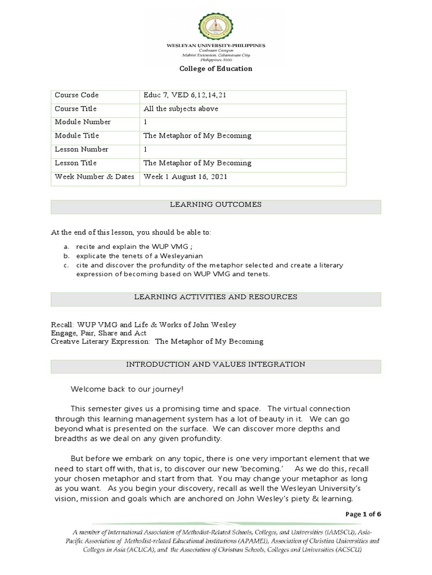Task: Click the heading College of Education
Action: pyautogui.click(x=215, y=69)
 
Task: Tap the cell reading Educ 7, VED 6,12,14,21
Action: pyautogui.click(x=185, y=95)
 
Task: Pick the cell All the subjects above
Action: pyautogui.click(x=181, y=109)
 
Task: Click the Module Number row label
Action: pyautogui.click(x=82, y=122)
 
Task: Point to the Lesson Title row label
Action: pyautogui.click(x=75, y=163)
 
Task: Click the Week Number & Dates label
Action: pyautogui.click(x=94, y=177)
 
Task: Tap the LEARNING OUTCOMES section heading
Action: pyautogui.click(x=215, y=205)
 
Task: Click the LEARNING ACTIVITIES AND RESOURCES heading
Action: pyautogui.click(x=215, y=297)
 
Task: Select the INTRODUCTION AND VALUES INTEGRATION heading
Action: pyautogui.click(x=215, y=365)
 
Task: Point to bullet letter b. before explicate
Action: pyautogui.click(x=65, y=256)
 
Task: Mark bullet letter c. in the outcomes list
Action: pyautogui.click(x=65, y=265)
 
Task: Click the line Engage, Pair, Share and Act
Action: pyautogui.click(x=98, y=333)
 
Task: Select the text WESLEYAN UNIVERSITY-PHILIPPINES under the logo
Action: pyautogui.click(x=215, y=45)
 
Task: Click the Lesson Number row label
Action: pyautogui.click(x=81, y=150)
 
